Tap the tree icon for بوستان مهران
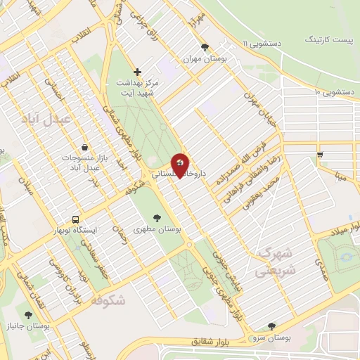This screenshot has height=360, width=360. pos(205,48)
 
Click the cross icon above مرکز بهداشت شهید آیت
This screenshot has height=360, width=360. pos(137,72)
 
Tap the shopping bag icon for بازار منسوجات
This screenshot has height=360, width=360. pos(85,148)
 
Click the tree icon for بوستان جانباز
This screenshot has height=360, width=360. pos(28,316)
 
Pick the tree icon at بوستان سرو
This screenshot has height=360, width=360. pos(272,326)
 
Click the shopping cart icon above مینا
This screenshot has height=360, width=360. pos(321,154)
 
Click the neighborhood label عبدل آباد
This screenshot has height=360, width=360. pos(46,119)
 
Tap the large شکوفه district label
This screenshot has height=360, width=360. pos(108,300)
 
